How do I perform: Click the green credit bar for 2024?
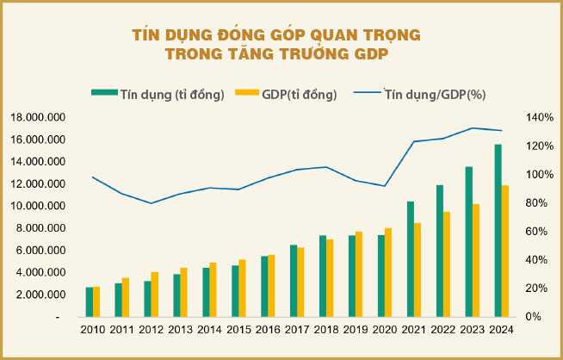point(498,230)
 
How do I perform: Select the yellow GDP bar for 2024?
point(505,251)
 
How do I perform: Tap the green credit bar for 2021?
point(411,258)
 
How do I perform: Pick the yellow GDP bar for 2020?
point(388,272)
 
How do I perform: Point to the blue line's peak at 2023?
point(472,127)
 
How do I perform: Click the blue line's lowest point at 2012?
point(151,203)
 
